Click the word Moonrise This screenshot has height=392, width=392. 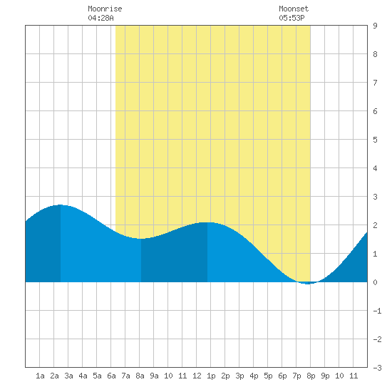105,9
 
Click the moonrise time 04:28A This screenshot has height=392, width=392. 100,18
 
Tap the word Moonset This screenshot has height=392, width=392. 294,9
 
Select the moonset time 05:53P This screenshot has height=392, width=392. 292,18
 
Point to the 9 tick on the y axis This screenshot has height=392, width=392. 375,26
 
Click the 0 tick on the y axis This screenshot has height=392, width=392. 375,282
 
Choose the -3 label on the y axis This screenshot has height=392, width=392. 377,368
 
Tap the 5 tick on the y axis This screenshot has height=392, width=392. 375,140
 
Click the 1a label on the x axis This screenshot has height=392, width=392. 40,376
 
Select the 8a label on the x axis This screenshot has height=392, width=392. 140,376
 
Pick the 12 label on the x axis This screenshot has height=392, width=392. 197,376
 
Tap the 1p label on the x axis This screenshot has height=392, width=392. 211,376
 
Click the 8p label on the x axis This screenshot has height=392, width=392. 311,376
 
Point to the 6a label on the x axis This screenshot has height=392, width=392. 111,376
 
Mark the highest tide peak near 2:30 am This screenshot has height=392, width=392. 61,205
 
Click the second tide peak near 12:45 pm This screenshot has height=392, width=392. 207,222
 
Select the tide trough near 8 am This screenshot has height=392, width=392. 141,239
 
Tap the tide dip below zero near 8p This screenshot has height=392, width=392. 308,283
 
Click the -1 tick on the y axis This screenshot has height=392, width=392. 377,311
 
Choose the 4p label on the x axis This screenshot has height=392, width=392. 254,376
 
